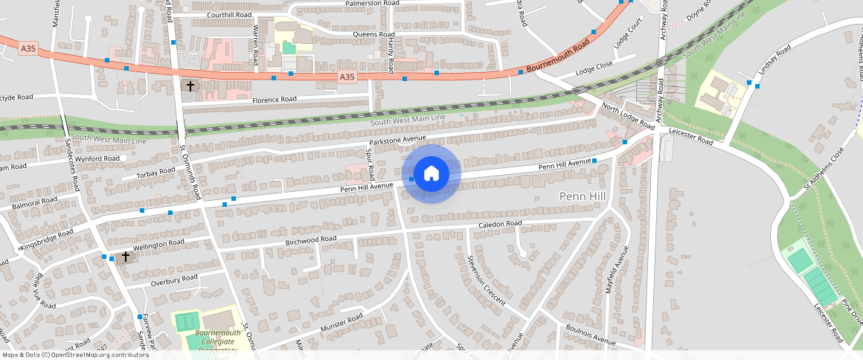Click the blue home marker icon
[x=431, y=174]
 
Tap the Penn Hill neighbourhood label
[x=584, y=196]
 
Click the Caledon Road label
[x=500, y=224]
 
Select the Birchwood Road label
[x=311, y=240]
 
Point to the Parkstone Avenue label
[x=397, y=140]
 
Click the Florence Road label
[x=274, y=100]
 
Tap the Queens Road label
[x=373, y=35]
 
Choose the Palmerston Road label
[x=372, y=4]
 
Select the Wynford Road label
[x=97, y=158]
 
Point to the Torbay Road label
[x=155, y=173]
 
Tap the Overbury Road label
[x=173, y=280]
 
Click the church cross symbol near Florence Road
[x=190, y=86]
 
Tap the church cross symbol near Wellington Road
[x=126, y=257]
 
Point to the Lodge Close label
[x=594, y=65]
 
